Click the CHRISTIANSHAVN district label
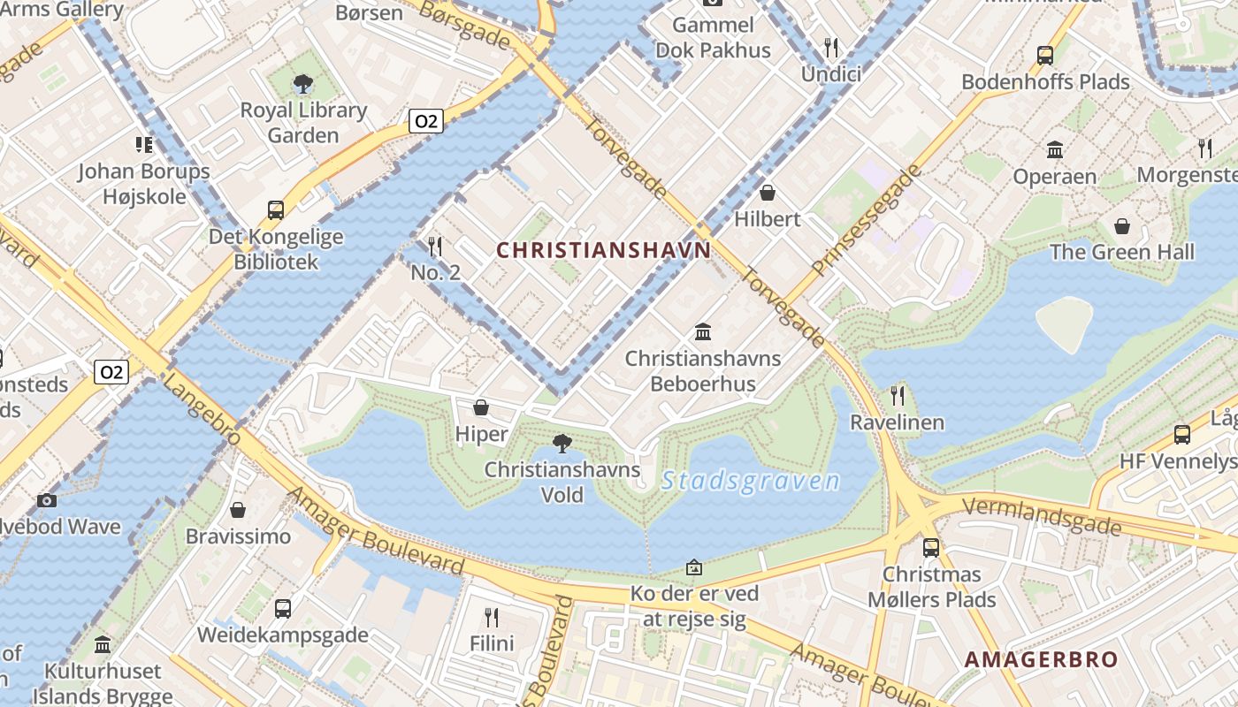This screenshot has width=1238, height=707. [603, 250]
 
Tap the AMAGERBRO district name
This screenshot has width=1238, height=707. [1041, 659]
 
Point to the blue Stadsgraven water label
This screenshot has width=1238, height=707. [751, 481]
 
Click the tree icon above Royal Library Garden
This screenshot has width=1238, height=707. [303, 85]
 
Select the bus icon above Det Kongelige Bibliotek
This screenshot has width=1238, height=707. [276, 210]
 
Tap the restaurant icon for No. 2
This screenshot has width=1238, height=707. [435, 246]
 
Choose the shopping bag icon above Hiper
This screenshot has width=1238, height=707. [481, 407]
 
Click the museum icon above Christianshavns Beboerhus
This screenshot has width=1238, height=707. [703, 332]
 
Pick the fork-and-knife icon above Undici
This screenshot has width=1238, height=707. [830, 47]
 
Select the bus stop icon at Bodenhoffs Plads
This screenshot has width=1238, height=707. [1045, 55]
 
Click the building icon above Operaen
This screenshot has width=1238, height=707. [1055, 149]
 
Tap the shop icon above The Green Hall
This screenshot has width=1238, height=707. [1122, 226]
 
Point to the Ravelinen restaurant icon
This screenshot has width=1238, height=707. [898, 395]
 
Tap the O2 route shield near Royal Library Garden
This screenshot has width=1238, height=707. [425, 121]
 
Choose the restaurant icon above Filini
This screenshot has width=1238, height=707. [492, 617]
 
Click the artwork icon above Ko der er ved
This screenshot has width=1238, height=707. [694, 566]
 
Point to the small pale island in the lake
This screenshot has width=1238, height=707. [1065, 323]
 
